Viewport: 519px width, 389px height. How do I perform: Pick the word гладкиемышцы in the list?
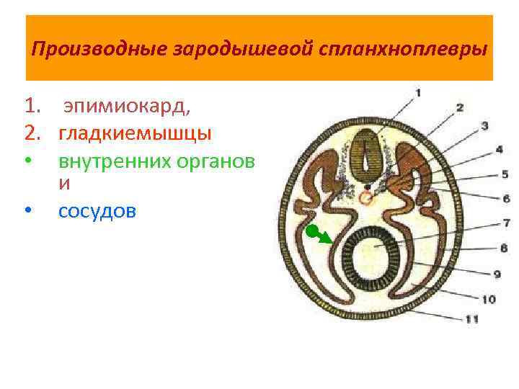pyautogui.click(x=135, y=133)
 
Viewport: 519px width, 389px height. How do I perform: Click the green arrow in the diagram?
pyautogui.click(x=318, y=235)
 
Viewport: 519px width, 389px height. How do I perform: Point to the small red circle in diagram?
pyautogui.click(x=367, y=198)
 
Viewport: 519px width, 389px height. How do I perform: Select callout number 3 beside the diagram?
pyautogui.click(x=485, y=126)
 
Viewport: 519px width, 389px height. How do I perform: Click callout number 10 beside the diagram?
pyautogui.click(x=489, y=298)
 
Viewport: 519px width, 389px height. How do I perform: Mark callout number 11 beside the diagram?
pyautogui.click(x=472, y=318)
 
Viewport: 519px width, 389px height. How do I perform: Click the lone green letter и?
pyautogui.click(x=64, y=184)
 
